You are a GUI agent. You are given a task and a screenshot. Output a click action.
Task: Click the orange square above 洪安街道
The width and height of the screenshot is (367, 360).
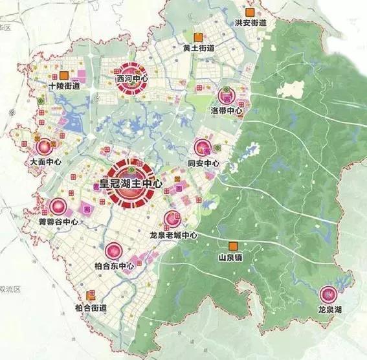point(249,12)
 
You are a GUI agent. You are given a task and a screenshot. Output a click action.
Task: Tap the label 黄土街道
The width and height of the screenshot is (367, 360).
point(198,48)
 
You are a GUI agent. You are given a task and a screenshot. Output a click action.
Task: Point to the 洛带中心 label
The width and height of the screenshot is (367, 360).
point(227,111)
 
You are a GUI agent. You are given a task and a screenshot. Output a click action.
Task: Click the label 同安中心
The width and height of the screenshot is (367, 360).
point(203,164)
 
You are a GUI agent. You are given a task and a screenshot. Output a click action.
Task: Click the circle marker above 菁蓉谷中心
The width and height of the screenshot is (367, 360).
point(58,207)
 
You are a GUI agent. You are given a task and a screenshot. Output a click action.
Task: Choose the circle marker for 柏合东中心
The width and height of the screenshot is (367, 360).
point(113,251)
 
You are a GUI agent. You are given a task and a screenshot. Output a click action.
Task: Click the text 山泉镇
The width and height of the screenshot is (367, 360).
point(230,257)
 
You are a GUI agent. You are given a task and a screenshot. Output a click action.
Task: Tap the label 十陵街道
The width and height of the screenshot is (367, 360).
point(64,86)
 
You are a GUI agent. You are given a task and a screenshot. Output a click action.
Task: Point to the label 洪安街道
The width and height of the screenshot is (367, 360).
point(250,23)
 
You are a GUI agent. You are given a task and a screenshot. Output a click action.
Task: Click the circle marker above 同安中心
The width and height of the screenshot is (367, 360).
point(203,148)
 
